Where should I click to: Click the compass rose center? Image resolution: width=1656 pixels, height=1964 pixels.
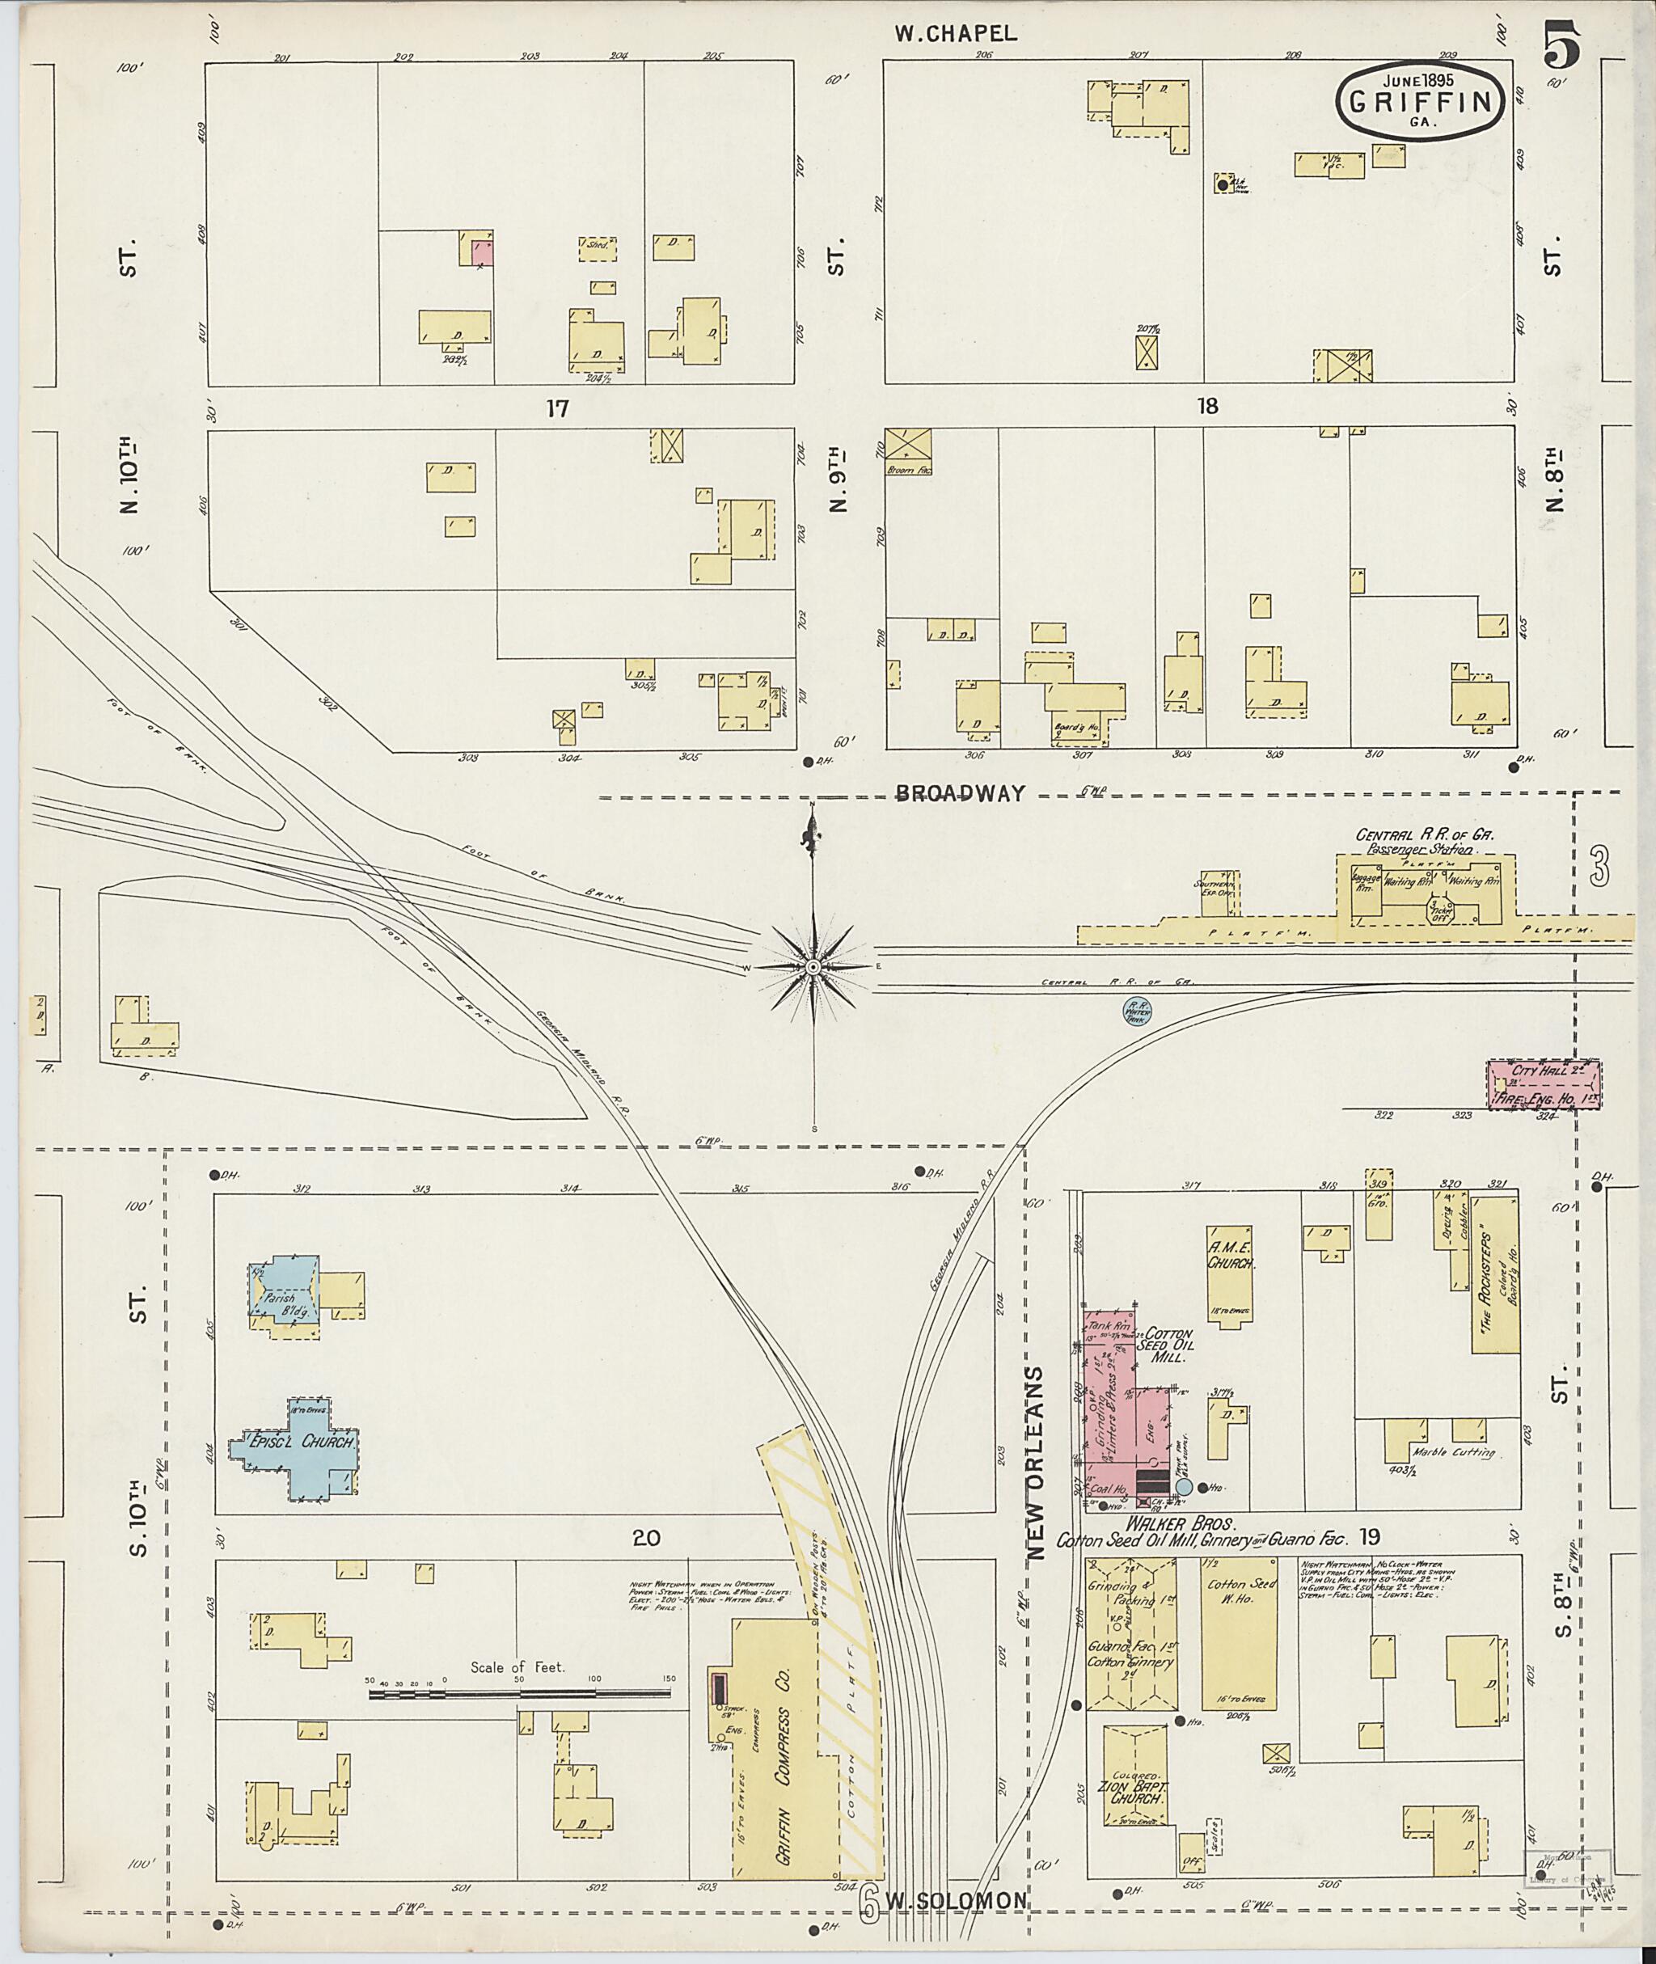[x=813, y=966]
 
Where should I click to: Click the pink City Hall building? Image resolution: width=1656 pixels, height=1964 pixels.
[x=1544, y=1085]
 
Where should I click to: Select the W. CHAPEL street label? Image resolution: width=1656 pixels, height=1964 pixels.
[x=955, y=34]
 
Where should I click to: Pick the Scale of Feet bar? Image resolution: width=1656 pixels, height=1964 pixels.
[x=519, y=1694]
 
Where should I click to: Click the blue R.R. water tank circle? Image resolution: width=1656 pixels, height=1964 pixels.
[x=1138, y=1009]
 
